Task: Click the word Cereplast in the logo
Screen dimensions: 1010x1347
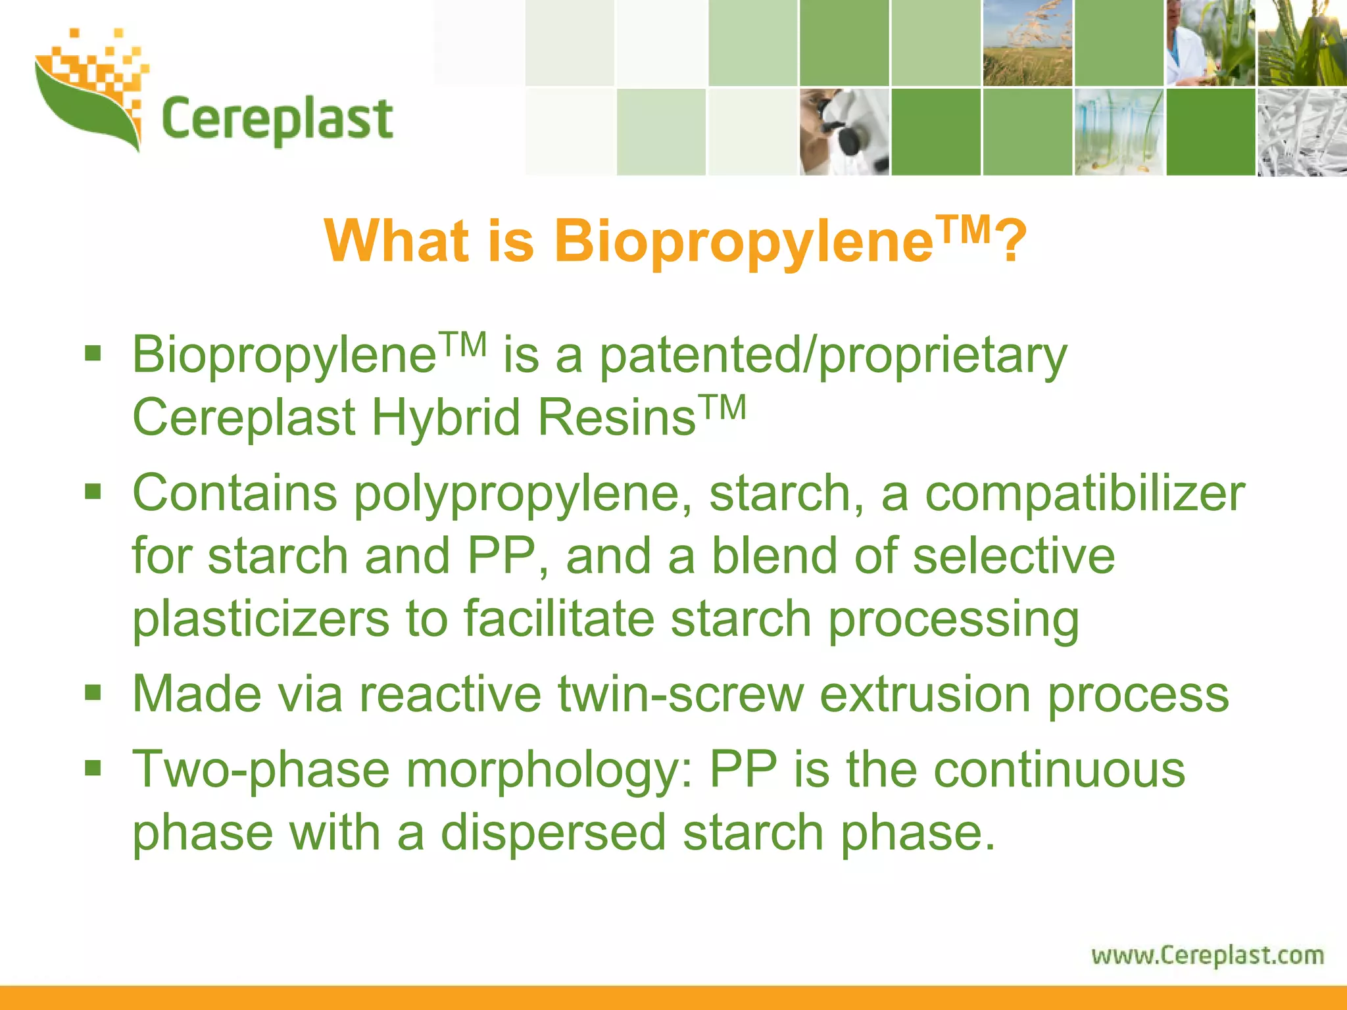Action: point(276,120)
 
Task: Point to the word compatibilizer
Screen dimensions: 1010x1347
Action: point(1085,493)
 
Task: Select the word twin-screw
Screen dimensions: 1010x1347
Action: point(681,694)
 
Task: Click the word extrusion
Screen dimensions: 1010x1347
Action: point(925,694)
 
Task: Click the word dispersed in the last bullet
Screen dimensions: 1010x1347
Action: point(553,832)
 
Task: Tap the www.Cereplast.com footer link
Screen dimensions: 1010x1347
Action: point(1208,955)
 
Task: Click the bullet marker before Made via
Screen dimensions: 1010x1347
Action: point(93,692)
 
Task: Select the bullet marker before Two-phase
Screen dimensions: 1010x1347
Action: point(93,767)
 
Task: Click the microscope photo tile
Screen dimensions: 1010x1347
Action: point(844,132)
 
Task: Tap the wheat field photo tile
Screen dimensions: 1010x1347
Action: point(1027,43)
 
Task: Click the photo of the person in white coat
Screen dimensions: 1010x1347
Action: point(1210,43)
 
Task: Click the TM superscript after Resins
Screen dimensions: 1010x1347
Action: point(722,407)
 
